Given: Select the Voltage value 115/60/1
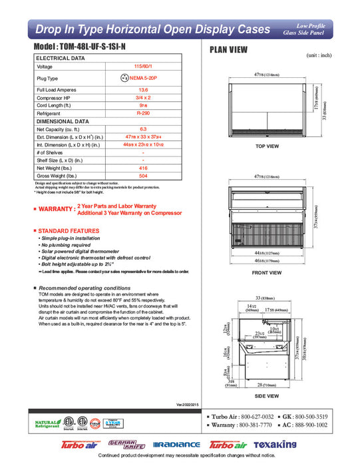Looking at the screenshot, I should [143, 67].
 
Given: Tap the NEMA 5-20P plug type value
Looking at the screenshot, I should [148, 78].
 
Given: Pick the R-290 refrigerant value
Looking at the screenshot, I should [143, 114].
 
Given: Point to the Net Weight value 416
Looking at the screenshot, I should [143, 169].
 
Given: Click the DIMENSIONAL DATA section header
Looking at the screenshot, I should [63, 122].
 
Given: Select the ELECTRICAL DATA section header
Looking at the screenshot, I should [61, 59].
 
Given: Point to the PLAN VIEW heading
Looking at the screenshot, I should [230, 50].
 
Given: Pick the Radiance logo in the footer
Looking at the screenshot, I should [176, 445].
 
